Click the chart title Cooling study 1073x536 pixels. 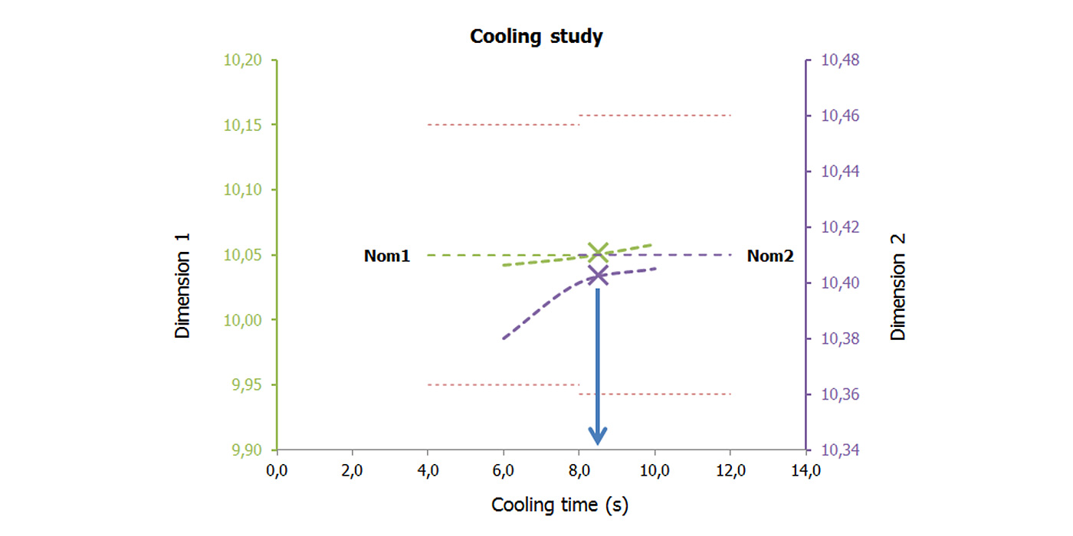[536, 37]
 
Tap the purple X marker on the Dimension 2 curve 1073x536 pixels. [598, 276]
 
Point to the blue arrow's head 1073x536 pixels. [598, 436]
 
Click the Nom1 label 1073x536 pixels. [387, 257]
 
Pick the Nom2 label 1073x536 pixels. [770, 257]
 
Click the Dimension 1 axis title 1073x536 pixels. [182, 286]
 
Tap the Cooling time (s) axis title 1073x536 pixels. [559, 505]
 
